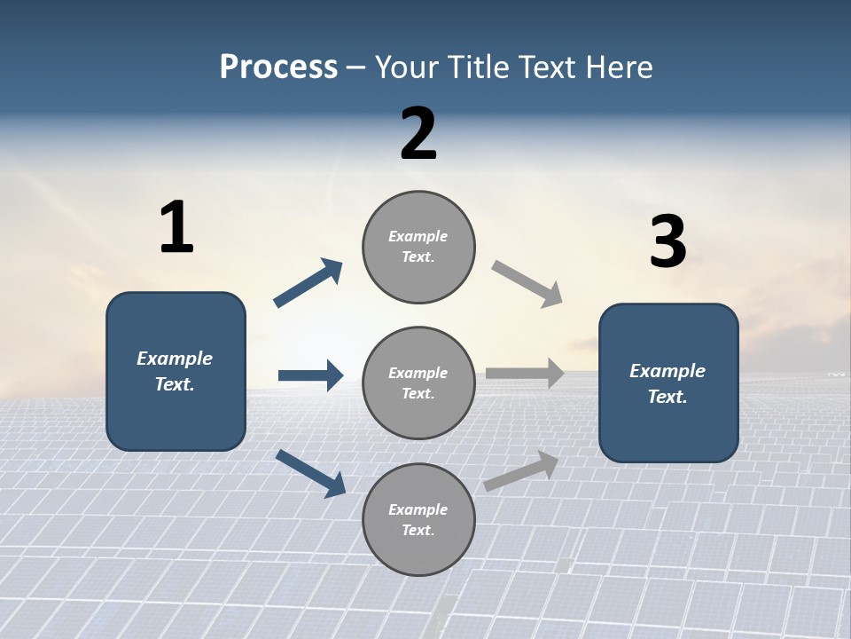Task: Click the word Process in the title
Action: tap(278, 67)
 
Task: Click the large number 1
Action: tap(176, 228)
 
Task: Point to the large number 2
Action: tap(418, 134)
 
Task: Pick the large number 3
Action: tap(668, 242)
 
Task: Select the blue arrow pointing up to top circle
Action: tap(308, 283)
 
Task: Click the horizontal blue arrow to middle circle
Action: tap(310, 375)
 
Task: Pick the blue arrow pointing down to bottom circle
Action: tap(310, 473)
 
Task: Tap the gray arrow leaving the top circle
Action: tap(527, 283)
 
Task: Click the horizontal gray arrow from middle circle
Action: tap(525, 373)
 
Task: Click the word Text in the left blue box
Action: tap(175, 384)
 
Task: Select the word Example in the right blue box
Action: tap(668, 371)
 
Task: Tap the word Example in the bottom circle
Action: tap(418, 509)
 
